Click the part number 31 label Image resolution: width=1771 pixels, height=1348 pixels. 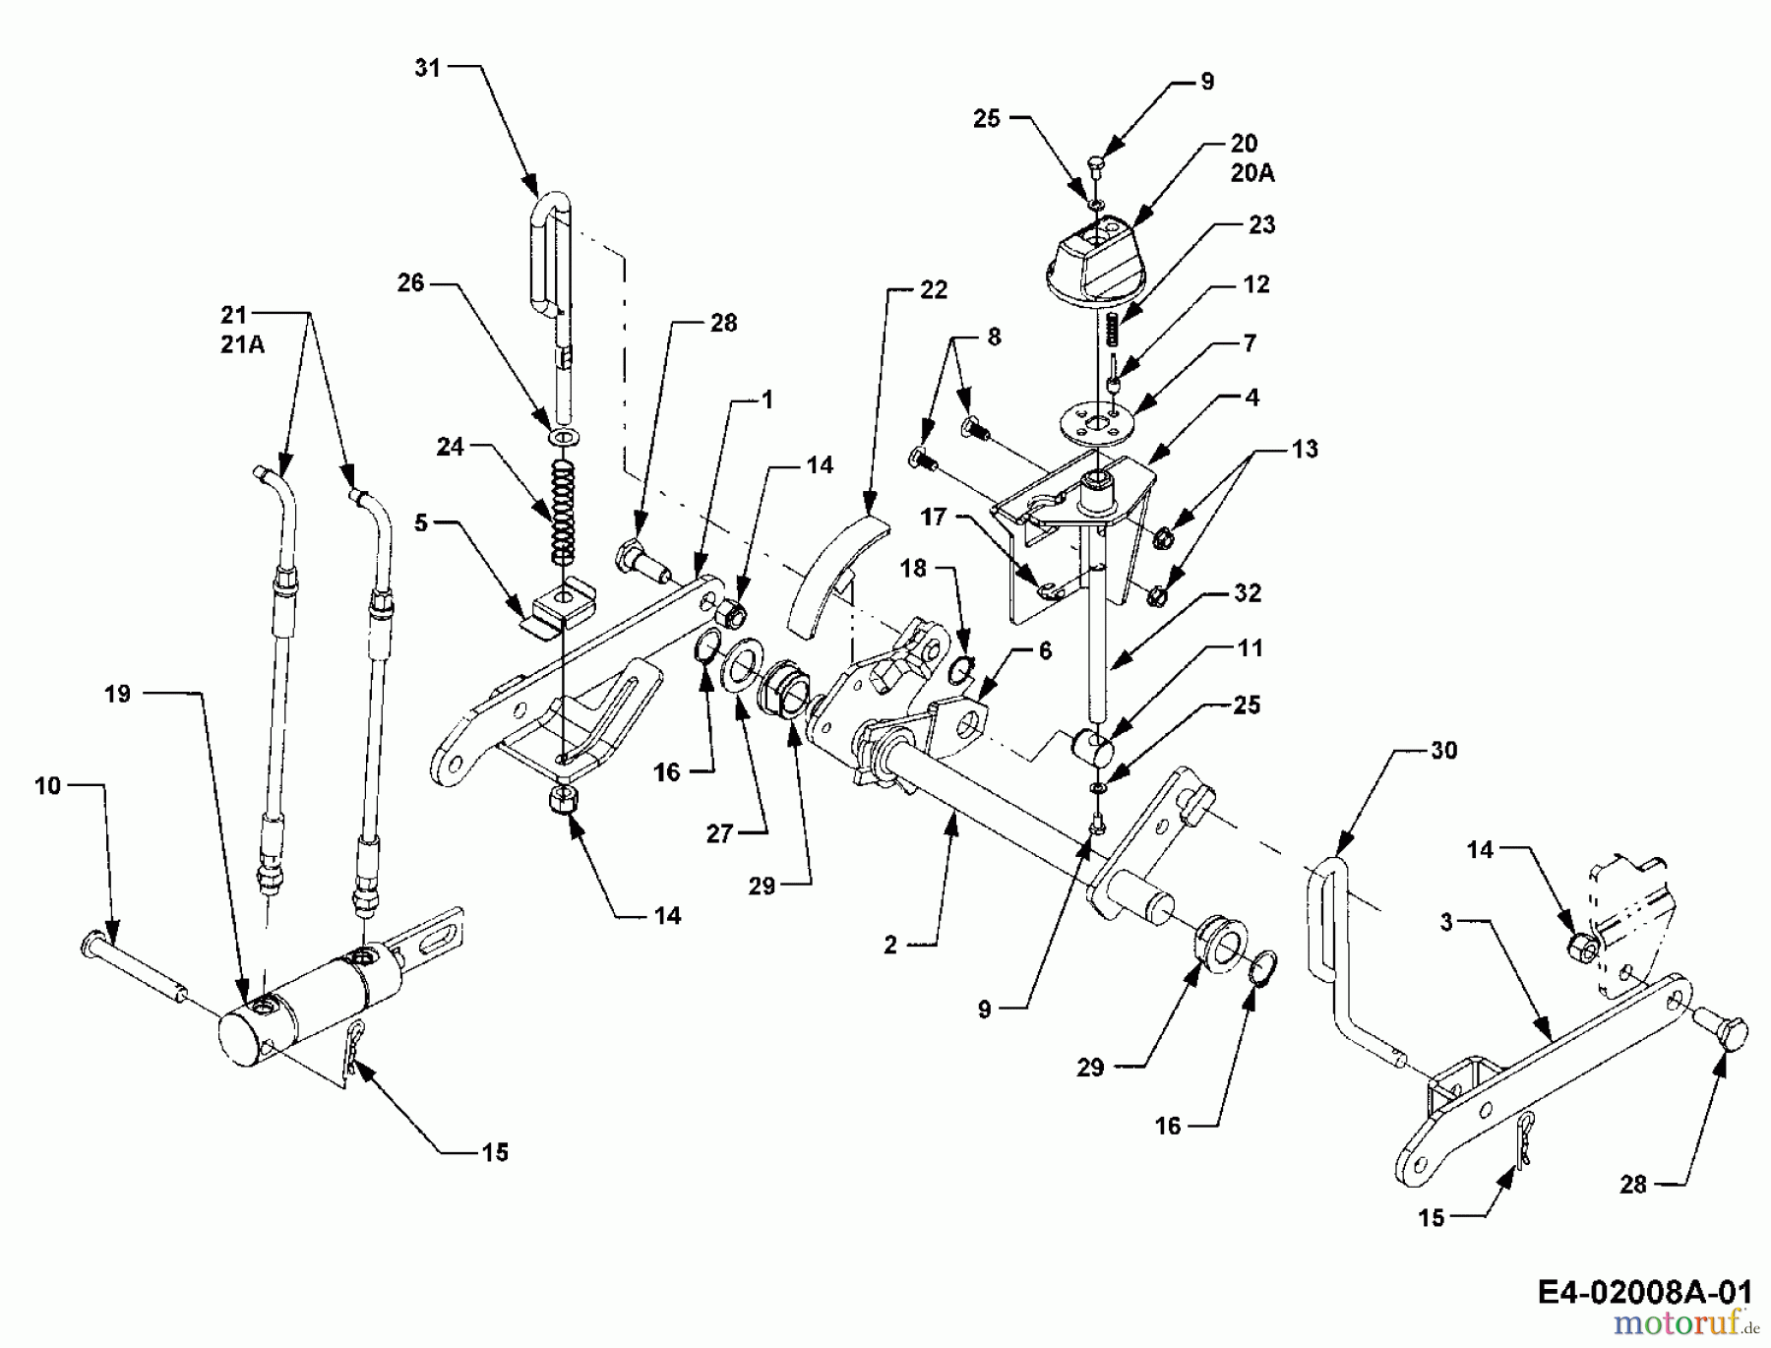point(427,68)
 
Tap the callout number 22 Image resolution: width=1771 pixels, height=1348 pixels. point(933,290)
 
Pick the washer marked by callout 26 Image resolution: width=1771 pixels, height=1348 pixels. point(562,435)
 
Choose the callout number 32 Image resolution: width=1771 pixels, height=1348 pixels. point(1247,593)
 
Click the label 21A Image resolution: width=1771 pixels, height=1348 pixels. point(242,344)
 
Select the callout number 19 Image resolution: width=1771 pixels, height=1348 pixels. point(117,694)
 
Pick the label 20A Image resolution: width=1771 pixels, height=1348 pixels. point(1252,173)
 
